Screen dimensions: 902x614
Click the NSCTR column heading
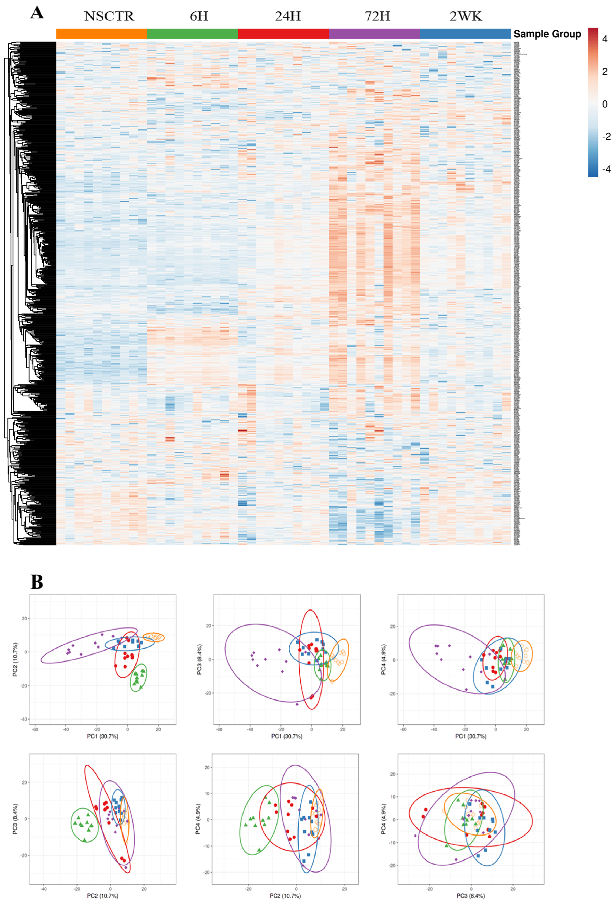(x=109, y=16)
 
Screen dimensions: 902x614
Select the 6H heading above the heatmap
(x=199, y=16)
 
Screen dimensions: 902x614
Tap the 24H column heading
(x=288, y=16)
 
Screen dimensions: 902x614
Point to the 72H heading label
(x=377, y=16)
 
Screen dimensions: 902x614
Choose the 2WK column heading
(x=465, y=16)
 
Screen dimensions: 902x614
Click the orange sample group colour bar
(x=102, y=34)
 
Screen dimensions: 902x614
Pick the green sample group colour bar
(x=192, y=34)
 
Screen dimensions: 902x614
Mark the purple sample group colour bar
(x=374, y=34)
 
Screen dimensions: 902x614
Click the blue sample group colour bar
(x=465, y=34)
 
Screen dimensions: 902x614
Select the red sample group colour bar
(x=283, y=34)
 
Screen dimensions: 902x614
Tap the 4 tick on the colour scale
(x=604, y=39)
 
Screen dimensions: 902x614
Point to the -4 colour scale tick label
(x=606, y=169)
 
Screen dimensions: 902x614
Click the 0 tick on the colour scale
(x=604, y=104)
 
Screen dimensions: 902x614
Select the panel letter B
(x=37, y=582)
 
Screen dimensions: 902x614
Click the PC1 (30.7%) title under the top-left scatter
(x=102, y=736)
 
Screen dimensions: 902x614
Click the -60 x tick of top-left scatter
(x=35, y=729)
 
